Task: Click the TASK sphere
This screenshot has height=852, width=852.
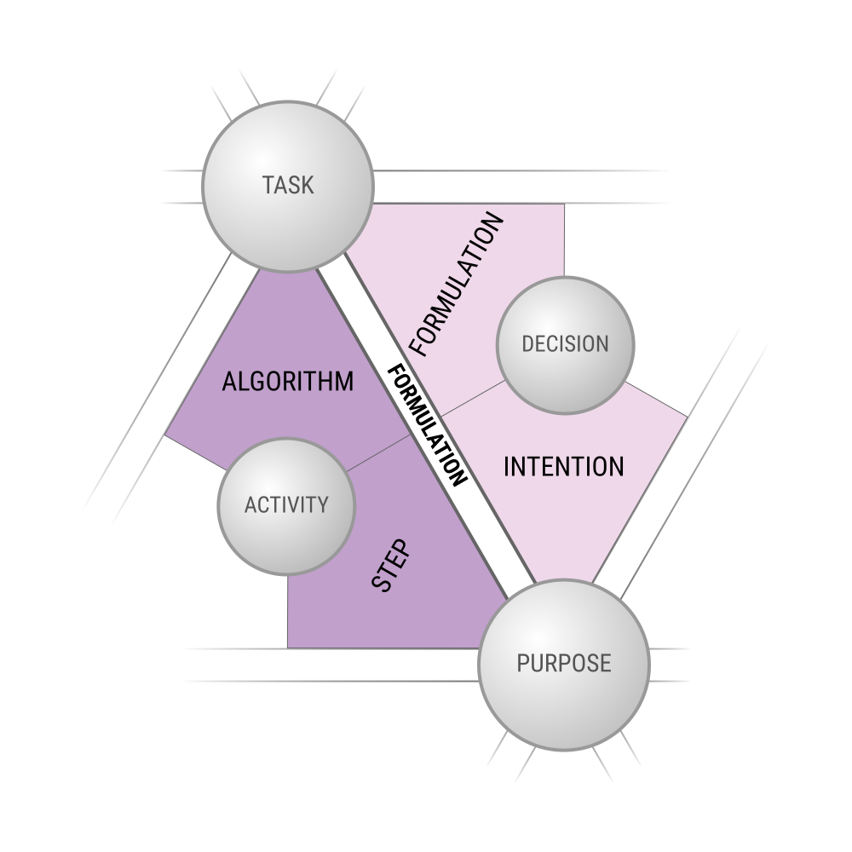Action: click(288, 187)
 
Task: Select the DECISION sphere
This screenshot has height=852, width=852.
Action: click(565, 345)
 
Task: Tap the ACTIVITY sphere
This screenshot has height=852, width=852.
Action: click(286, 506)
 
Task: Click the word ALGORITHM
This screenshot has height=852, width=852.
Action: click(287, 382)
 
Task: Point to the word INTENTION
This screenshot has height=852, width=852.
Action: click(564, 467)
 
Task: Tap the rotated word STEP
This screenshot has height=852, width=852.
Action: click(390, 566)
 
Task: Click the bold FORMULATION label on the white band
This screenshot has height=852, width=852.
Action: click(427, 426)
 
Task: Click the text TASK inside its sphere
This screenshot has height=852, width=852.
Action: click(288, 185)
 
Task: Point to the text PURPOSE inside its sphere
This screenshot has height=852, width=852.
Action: click(564, 664)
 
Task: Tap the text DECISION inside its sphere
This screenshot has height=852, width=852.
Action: click(565, 344)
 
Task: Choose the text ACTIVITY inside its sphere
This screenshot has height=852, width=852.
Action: click(286, 504)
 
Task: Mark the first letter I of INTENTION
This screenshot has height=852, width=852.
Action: click(506, 467)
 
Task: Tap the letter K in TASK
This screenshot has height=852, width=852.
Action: click(307, 185)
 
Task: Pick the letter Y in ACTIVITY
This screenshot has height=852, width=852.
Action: click(322, 504)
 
